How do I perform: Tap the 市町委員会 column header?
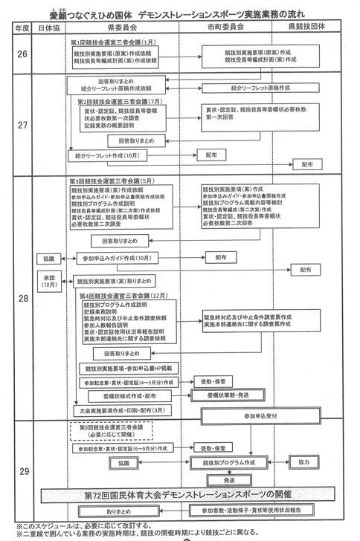[228, 27]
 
